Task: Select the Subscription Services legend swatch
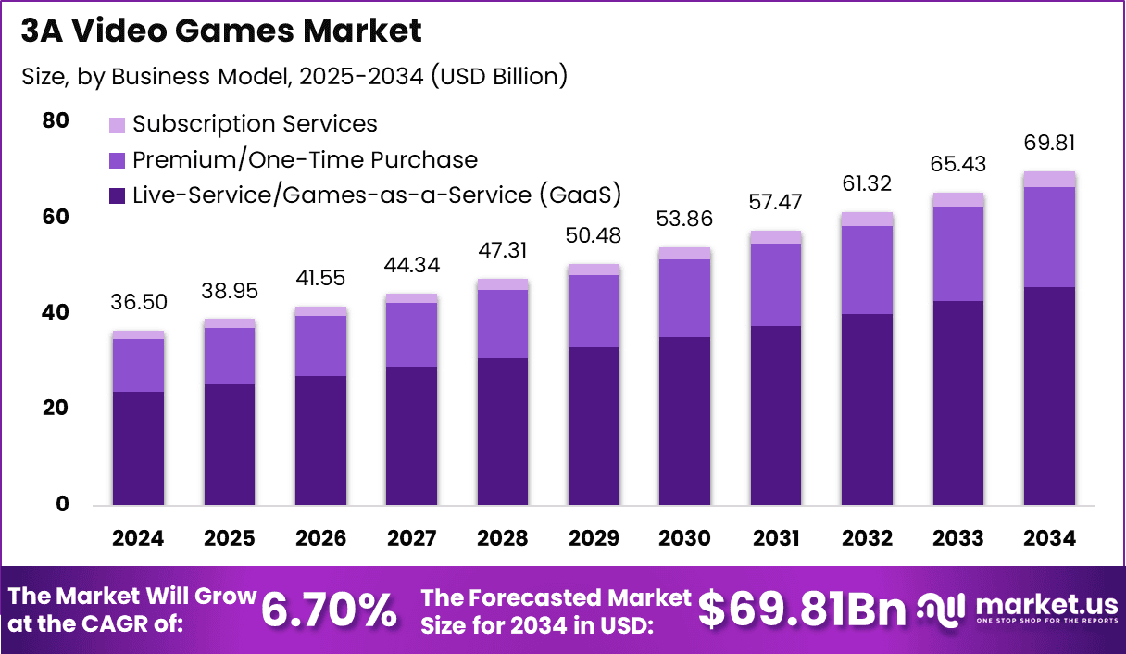[x=117, y=124]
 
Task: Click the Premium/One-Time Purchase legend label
[x=305, y=159]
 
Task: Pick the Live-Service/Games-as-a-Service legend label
[x=376, y=195]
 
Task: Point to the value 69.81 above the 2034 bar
[x=1048, y=144]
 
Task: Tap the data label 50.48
[x=594, y=236]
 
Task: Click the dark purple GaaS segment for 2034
[x=1048, y=396]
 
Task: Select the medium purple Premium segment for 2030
[x=684, y=298]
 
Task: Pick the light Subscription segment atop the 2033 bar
[x=957, y=199]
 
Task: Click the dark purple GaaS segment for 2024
[x=138, y=448]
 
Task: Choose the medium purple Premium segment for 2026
[x=319, y=346]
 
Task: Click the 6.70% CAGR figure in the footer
[x=329, y=610]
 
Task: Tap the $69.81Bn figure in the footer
[x=801, y=610]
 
